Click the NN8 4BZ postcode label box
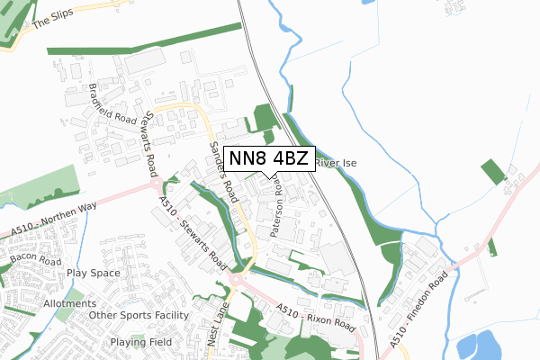[269, 159]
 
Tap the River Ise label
[337, 164]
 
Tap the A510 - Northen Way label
[54, 219]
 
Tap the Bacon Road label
[34, 259]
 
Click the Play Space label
[93, 272]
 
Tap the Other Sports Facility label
[139, 316]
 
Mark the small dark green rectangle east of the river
[492, 172]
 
